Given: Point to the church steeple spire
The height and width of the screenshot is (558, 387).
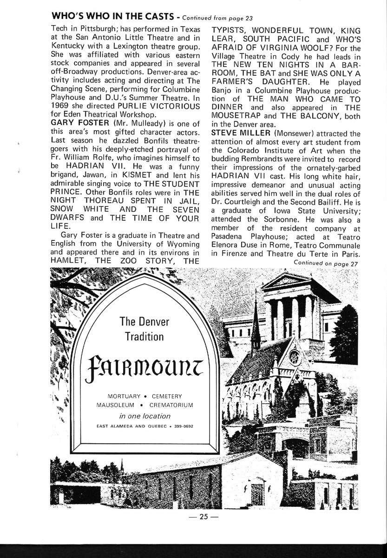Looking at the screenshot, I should [255, 321].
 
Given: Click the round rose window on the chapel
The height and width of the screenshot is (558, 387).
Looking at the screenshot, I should [294, 357].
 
